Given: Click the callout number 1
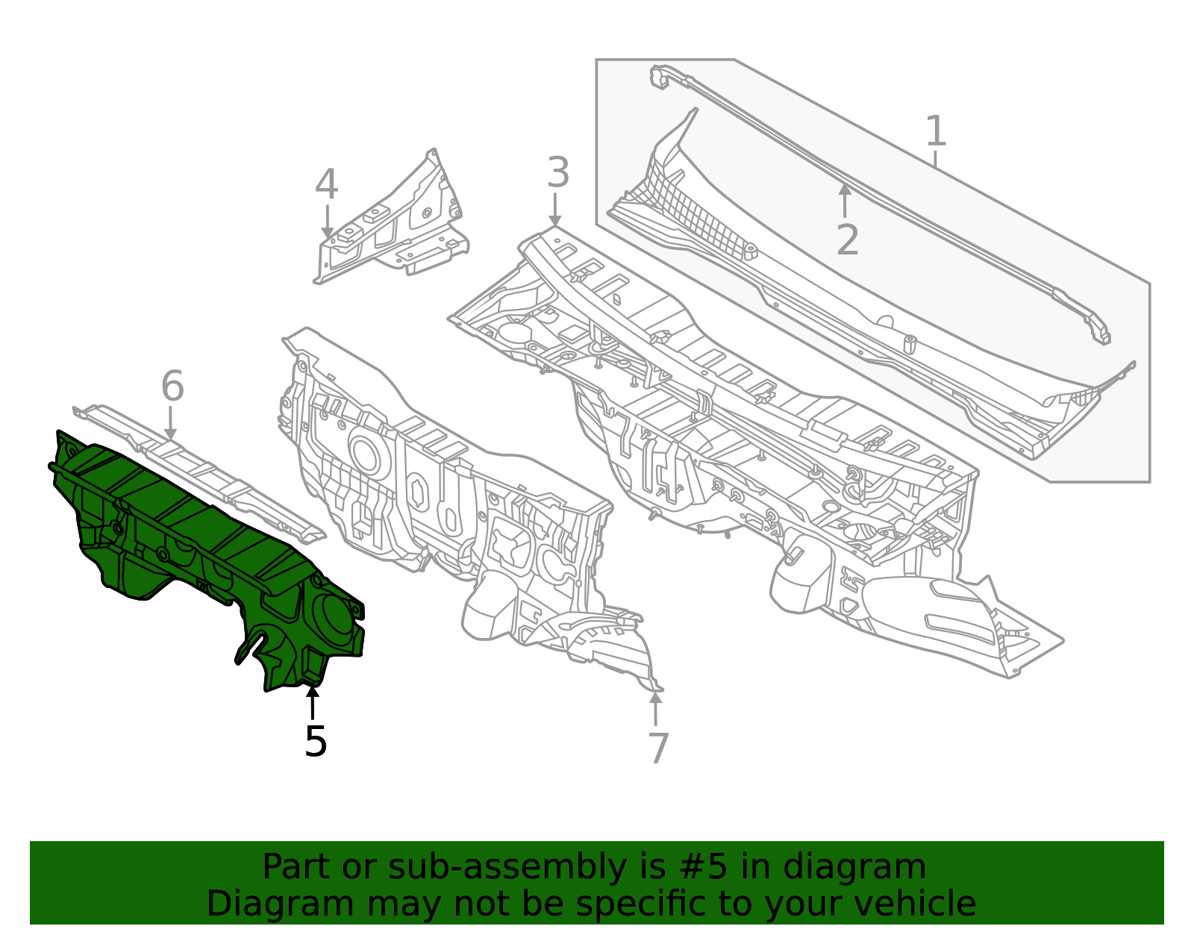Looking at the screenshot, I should tap(935, 132).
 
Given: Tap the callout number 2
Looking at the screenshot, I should tap(847, 240).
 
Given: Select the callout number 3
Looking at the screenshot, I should tap(557, 173).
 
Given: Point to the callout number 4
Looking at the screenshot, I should tap(326, 185).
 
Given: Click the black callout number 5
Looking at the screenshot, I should tap(316, 742).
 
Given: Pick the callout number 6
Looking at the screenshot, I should tap(172, 387).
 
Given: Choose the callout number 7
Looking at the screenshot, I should tap(657, 748).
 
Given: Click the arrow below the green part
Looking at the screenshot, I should tap(313, 702).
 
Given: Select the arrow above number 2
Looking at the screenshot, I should tap(844, 199).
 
